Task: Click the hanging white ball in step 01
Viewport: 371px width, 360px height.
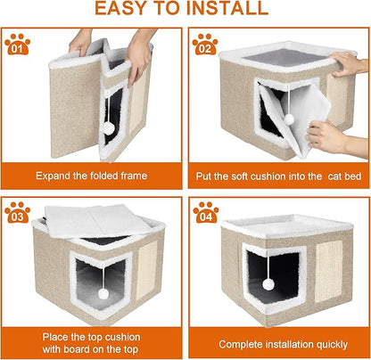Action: tap(109, 128)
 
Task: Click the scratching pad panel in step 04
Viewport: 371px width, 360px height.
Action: tap(325, 269)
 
